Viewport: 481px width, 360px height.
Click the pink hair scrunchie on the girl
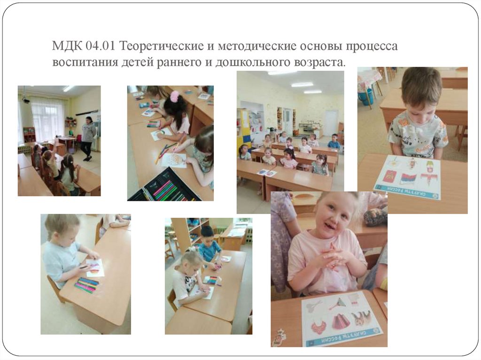pos(175,97)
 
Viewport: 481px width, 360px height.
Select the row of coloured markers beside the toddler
pos(87,284)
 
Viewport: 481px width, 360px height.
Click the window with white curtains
pos(47,120)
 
